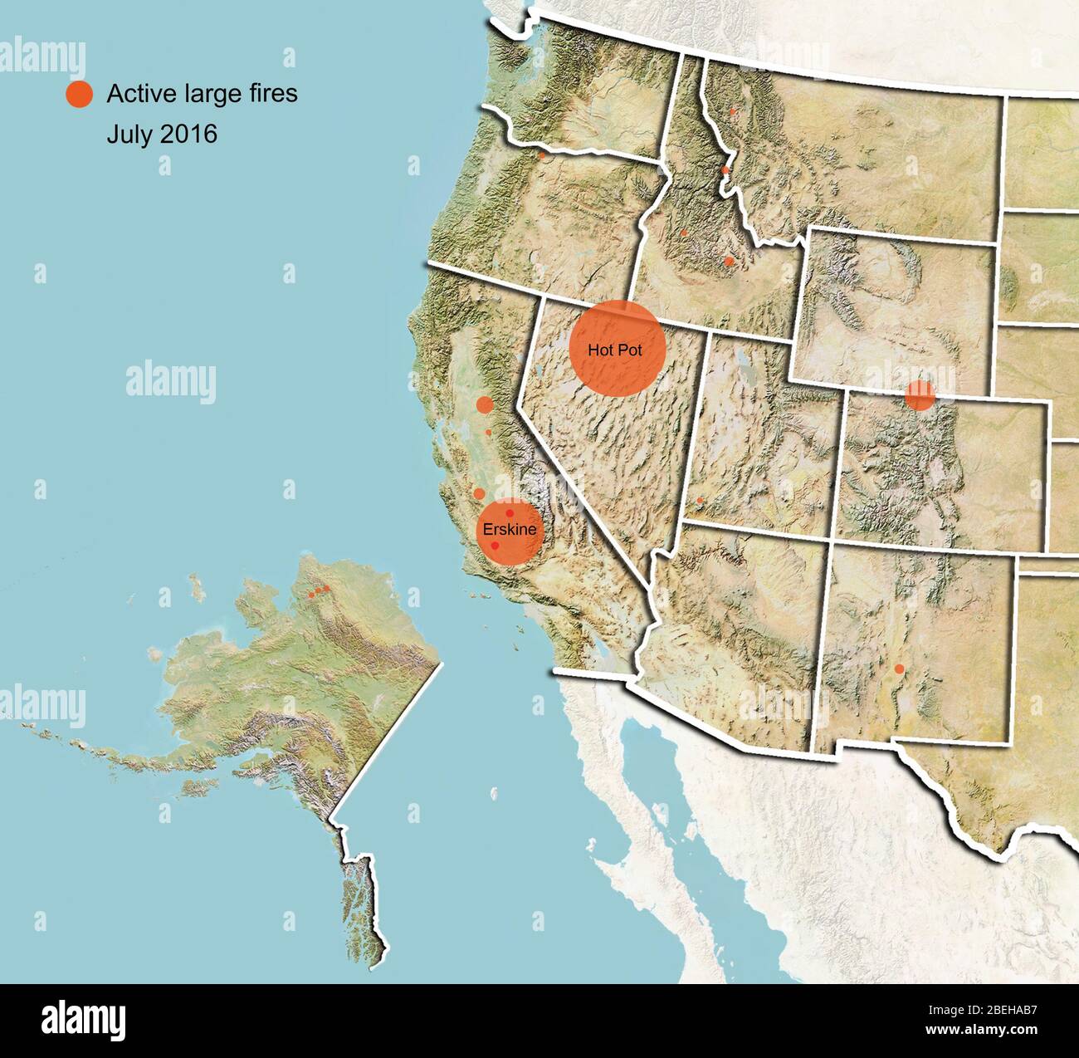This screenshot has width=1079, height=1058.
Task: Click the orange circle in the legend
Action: click(79, 94)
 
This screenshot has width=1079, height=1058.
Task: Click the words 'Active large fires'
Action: click(202, 94)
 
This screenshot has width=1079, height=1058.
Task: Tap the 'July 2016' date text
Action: click(162, 134)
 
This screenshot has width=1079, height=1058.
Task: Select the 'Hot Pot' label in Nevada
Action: click(615, 350)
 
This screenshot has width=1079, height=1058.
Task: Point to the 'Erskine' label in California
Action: click(509, 529)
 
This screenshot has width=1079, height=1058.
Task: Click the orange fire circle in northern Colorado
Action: click(920, 395)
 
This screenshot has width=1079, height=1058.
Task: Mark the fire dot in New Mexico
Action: click(899, 669)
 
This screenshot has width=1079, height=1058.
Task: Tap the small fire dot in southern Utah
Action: click(700, 501)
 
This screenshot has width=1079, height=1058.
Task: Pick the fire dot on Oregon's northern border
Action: click(541, 154)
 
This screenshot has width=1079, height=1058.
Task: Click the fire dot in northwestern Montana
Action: click(732, 110)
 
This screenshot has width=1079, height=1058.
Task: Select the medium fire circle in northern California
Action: click(485, 405)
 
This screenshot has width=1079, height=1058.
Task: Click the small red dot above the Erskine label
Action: click(510, 513)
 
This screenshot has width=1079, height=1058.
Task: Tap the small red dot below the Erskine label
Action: click(496, 546)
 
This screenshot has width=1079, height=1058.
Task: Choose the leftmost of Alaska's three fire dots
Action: click(311, 595)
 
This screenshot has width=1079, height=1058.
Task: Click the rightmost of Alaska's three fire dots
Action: click(327, 589)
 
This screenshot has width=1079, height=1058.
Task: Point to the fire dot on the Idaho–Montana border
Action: click(725, 169)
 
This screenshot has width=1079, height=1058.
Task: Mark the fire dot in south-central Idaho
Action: click(729, 261)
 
